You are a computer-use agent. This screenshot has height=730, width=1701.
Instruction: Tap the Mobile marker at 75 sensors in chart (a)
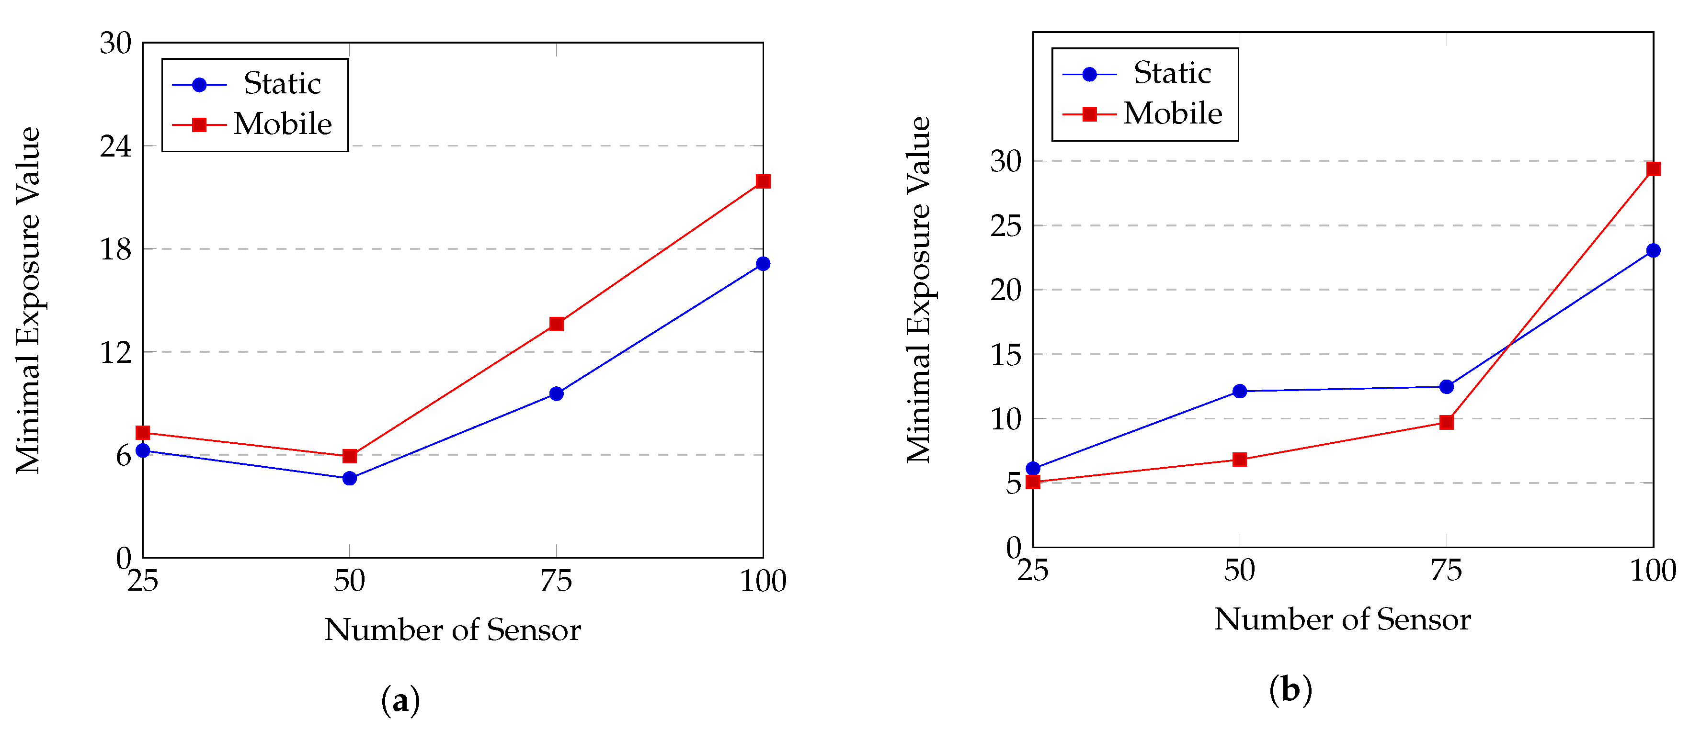556,324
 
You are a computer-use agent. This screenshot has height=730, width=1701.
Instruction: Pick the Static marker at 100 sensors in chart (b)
1653,251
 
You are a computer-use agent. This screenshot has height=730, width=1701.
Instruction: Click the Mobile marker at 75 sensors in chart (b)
1446,422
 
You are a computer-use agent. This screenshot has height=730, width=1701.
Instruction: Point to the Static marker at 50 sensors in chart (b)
1239,392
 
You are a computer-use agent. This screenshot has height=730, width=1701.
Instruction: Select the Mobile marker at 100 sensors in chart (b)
1653,169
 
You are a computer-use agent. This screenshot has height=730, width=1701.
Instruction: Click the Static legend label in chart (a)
282,84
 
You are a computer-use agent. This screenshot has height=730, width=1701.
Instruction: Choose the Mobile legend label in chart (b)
1173,113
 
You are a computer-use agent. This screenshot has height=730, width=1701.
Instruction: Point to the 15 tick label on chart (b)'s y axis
1005,355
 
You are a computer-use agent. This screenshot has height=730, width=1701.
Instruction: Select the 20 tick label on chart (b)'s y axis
1005,291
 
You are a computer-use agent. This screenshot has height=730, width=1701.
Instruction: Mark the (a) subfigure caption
400,701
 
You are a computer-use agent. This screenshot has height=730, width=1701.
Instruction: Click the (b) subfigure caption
1290,690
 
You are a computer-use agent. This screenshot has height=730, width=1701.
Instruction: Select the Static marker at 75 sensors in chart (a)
556,394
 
